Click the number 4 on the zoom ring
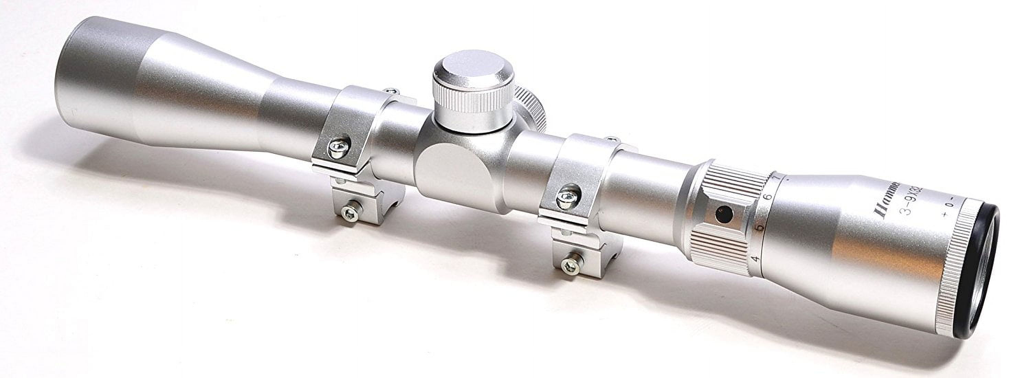click(756, 259)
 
